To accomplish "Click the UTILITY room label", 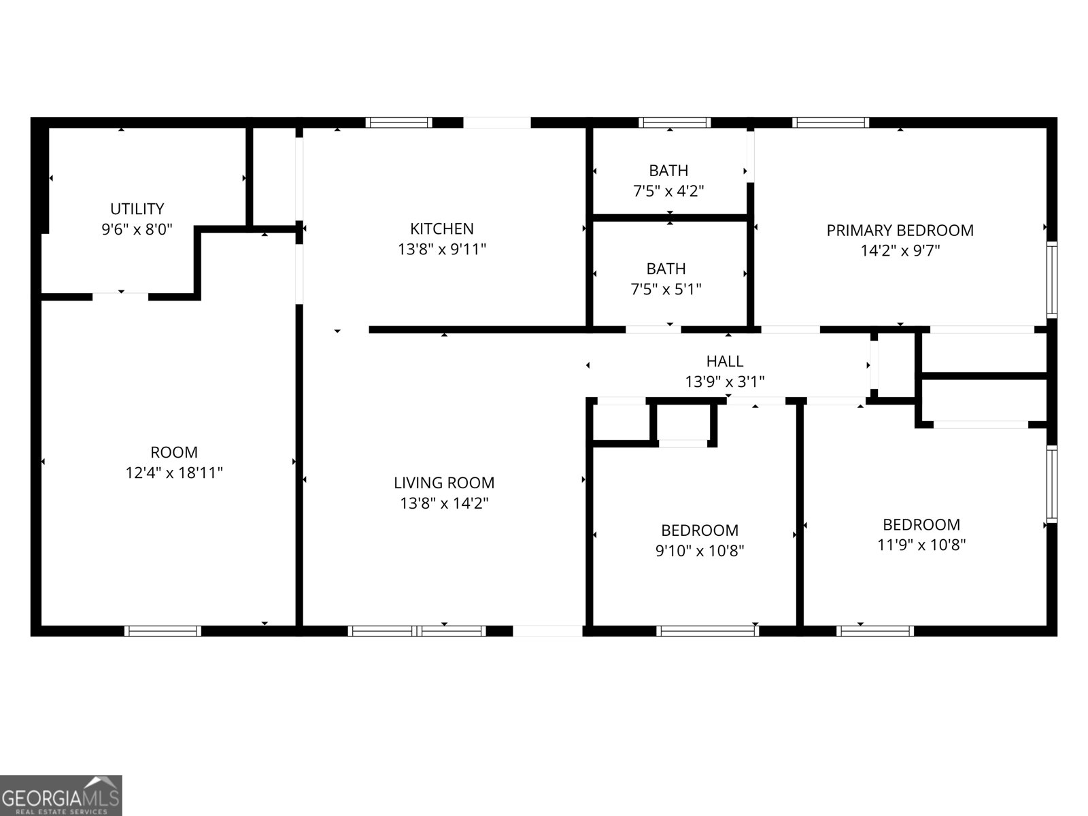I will coord(137,209).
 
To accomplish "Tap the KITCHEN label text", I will coord(441,228).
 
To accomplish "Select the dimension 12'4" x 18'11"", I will coord(174,473).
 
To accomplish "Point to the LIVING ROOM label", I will coord(444,483).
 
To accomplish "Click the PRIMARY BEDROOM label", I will coord(900,231).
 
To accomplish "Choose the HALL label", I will coord(724,361).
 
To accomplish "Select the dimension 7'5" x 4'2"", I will coord(668,191).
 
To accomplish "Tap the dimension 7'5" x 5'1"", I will coord(666,289).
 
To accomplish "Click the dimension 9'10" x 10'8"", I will coord(699,551).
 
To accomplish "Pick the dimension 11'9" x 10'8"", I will coord(921,545).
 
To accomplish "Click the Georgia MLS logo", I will coord(61,796).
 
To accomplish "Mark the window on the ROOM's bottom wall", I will coord(163,631).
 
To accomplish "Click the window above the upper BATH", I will coord(675,123).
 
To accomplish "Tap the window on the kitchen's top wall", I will coord(398,123).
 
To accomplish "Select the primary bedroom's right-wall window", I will coord(1051,279).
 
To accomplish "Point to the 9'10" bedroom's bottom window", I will coord(707,631).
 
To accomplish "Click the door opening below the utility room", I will coord(120,296).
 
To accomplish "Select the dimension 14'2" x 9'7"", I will coord(900,251).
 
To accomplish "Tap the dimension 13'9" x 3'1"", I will coord(724,382).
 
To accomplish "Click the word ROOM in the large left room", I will coord(174,452).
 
